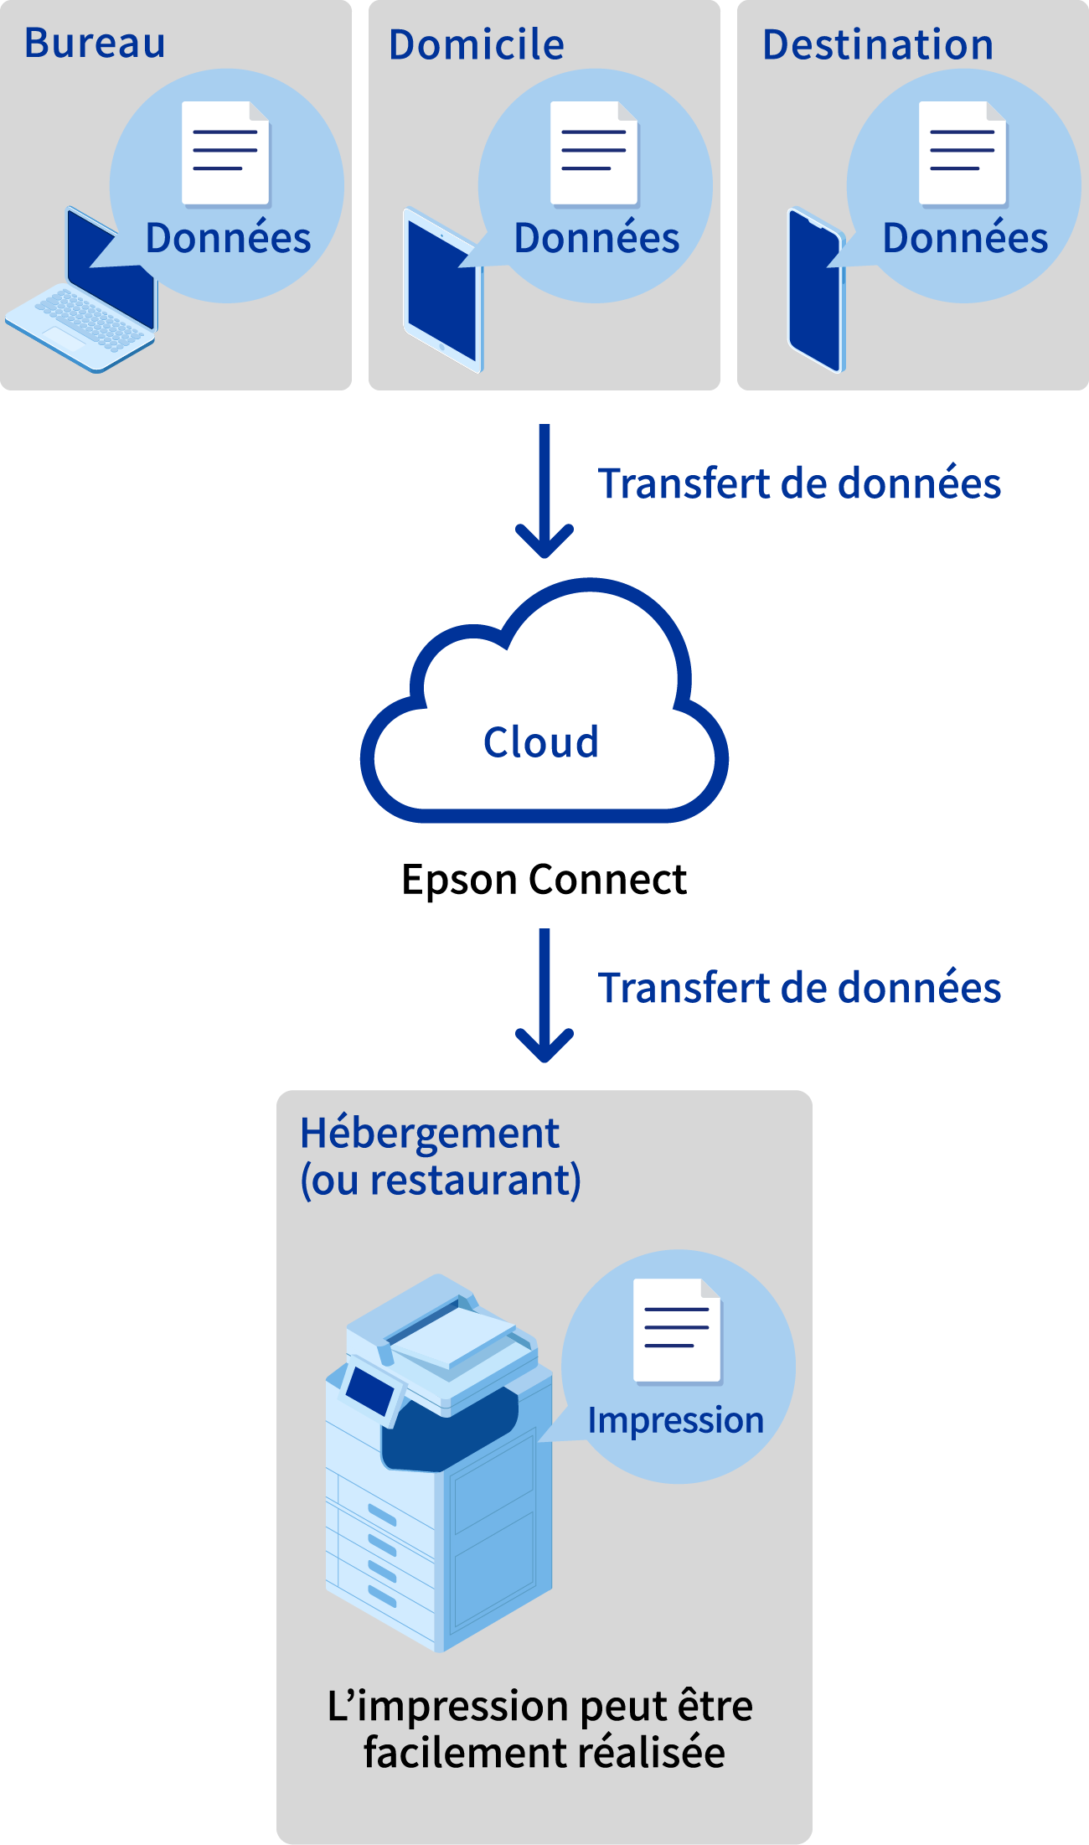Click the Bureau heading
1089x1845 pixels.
click(95, 44)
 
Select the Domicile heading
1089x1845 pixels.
click(476, 45)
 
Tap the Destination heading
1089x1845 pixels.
click(877, 45)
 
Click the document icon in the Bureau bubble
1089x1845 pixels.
click(225, 152)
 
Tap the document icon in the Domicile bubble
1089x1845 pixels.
click(594, 152)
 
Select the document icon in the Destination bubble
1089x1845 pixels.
click(963, 152)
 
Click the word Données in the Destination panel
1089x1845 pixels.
click(965, 238)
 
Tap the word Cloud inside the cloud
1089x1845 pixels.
click(540, 742)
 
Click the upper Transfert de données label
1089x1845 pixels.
click(799, 484)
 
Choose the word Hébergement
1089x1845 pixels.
click(429, 1134)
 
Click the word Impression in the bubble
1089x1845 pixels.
click(675, 1420)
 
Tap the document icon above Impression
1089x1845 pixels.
click(677, 1330)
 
